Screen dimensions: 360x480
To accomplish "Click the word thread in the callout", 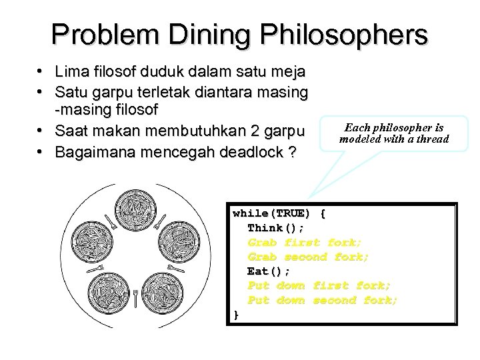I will click(433, 139).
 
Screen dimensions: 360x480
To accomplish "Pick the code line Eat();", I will click(269, 271).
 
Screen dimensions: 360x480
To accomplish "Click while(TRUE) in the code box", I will click(271, 214).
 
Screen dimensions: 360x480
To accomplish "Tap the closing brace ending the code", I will click(235, 315).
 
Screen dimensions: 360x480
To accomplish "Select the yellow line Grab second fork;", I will click(308, 257).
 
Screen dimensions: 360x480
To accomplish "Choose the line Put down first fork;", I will click(319, 285).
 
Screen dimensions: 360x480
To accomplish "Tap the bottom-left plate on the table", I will click(107, 291).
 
